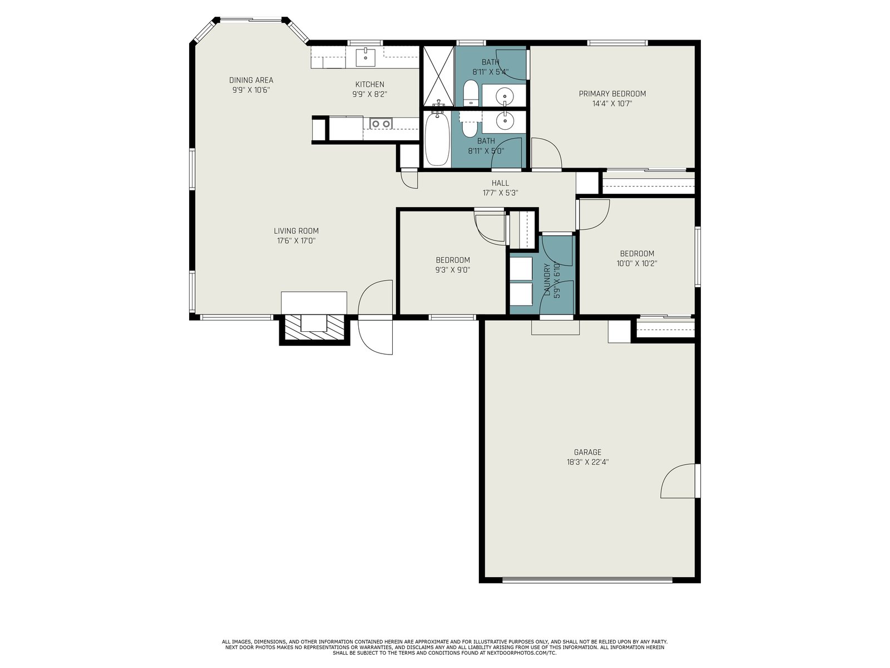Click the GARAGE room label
click(587, 452)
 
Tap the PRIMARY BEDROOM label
click(612, 94)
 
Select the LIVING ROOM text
click(296, 231)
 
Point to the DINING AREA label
click(251, 80)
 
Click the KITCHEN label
click(370, 85)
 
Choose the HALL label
click(500, 183)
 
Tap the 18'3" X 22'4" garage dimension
click(587, 462)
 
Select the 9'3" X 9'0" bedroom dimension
click(453, 270)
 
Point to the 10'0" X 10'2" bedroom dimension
click(637, 263)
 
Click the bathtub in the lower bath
click(437, 138)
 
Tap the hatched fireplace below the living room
click(314, 328)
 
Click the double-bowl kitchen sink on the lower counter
click(380, 123)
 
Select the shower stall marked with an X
click(438, 76)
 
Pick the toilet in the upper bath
click(471, 93)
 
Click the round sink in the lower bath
click(505, 120)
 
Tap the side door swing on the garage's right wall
click(678, 481)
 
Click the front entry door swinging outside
click(375, 337)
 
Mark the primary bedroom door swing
click(546, 153)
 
